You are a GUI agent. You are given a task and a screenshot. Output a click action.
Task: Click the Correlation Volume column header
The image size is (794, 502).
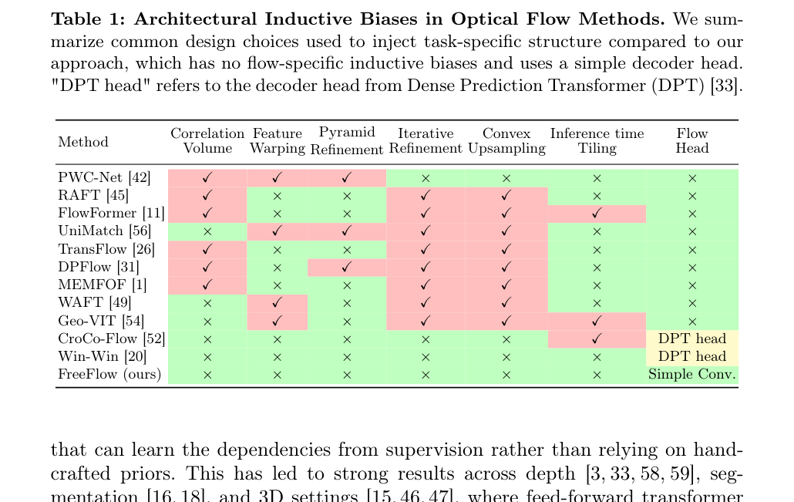click(207, 141)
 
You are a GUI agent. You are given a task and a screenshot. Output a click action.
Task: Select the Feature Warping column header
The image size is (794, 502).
click(278, 141)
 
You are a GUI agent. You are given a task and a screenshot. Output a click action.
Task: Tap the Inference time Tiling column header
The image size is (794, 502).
click(597, 141)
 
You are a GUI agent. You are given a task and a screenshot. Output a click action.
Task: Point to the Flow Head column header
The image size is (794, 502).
click(692, 141)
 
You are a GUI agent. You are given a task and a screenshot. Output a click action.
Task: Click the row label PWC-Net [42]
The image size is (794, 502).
click(104, 178)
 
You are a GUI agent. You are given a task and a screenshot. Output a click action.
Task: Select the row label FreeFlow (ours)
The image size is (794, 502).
click(109, 374)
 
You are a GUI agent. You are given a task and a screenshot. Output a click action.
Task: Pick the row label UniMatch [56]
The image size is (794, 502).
click(105, 231)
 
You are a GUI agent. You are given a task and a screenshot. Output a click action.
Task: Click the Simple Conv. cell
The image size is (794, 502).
click(691, 374)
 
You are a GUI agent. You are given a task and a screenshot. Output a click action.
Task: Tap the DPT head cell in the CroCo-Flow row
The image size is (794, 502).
click(692, 339)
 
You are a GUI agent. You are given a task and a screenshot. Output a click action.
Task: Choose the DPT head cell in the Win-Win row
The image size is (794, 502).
click(692, 356)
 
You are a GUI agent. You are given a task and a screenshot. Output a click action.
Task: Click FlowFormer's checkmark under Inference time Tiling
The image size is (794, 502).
click(597, 214)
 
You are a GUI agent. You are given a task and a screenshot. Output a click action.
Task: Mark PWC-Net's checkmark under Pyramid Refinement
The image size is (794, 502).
click(347, 178)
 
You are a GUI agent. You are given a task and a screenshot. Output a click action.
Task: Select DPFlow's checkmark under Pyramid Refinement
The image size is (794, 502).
click(347, 267)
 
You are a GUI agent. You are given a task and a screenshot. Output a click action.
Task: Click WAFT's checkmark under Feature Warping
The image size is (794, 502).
click(277, 303)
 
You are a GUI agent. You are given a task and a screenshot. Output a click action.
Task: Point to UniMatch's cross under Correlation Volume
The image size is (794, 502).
click(207, 231)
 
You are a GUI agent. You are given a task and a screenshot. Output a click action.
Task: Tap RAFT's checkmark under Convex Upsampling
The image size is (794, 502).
click(506, 196)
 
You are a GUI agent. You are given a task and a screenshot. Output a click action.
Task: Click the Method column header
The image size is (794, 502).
click(83, 141)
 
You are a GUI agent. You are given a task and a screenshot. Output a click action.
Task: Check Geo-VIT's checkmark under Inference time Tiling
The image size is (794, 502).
click(597, 321)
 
